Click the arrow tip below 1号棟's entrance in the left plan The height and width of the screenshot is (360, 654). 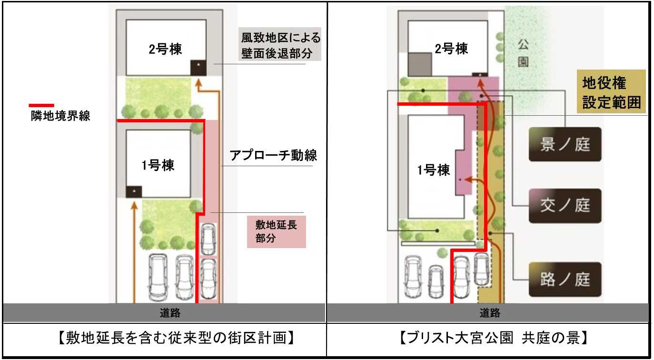[134, 202]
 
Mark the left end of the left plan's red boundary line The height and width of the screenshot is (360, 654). [117, 120]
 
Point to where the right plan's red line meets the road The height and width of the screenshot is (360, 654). [452, 303]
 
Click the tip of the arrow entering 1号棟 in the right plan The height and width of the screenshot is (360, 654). [464, 179]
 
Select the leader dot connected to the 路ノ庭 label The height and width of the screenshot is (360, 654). [490, 233]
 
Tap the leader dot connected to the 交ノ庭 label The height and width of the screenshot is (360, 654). [481, 96]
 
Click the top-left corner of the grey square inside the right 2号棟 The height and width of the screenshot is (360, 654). [408, 53]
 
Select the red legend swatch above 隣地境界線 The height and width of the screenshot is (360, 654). [41, 105]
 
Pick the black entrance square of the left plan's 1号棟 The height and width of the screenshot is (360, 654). [134, 192]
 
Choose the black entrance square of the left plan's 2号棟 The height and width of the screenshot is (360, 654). [198, 68]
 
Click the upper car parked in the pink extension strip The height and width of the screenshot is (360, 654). [208, 240]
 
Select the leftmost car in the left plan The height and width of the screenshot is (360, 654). [158, 277]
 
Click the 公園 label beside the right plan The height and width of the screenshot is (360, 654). [523, 53]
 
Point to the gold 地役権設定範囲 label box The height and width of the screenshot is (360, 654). [611, 91]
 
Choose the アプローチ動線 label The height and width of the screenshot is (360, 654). [273, 155]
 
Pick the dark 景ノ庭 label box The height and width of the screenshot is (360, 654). [565, 144]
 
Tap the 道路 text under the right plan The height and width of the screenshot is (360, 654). [490, 313]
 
